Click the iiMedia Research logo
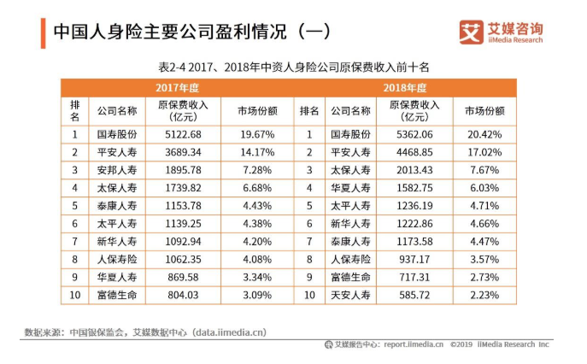[502, 32]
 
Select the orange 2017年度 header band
[177, 88]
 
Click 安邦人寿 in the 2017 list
[117, 170]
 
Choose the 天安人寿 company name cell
[350, 296]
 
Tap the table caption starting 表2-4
[294, 66]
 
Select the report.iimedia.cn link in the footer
[414, 345]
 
